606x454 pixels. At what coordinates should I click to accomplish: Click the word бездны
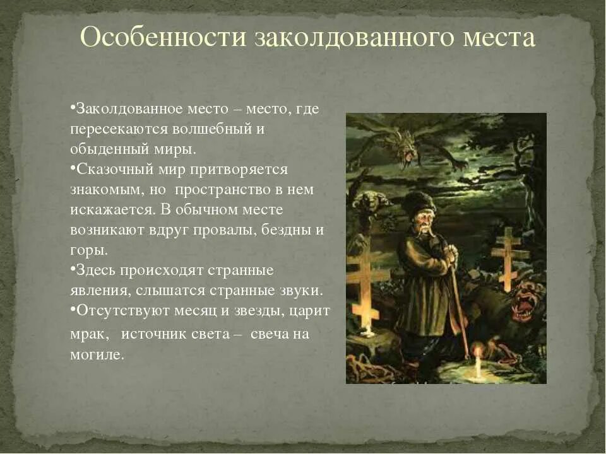tap(291, 230)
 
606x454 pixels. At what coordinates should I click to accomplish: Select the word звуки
tap(302, 291)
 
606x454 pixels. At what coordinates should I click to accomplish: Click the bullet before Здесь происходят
tap(73, 269)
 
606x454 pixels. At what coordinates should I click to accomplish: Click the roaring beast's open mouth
tap(523, 308)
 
